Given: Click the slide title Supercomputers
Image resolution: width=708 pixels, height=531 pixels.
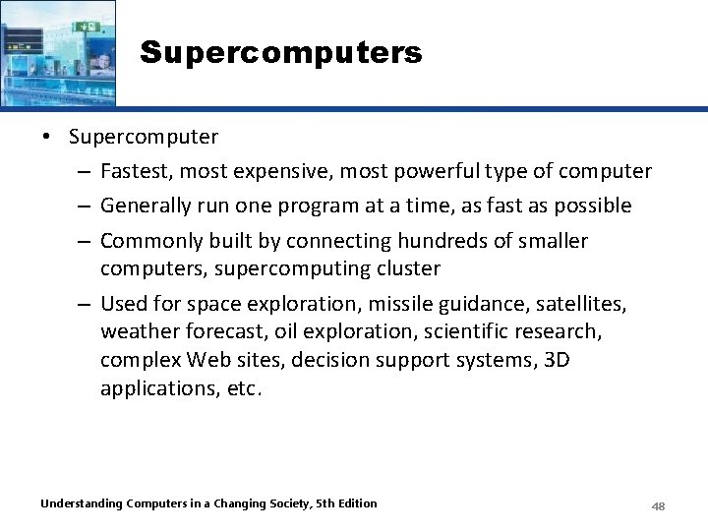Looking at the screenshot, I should [x=280, y=52].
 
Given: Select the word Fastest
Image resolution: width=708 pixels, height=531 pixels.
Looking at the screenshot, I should [x=135, y=171].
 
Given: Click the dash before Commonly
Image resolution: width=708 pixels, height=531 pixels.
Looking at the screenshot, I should [x=84, y=241].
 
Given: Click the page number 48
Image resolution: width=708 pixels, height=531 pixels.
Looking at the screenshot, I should [x=658, y=505].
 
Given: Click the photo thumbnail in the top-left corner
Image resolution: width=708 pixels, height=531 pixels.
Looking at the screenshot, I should [x=58, y=52].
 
